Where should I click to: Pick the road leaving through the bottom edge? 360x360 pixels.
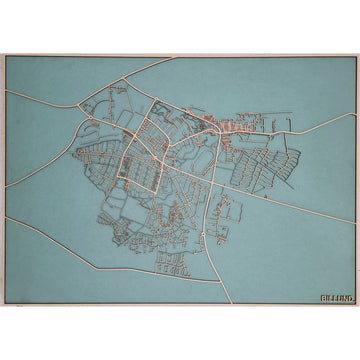point(223,299)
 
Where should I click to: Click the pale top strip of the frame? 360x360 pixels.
point(180,55)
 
